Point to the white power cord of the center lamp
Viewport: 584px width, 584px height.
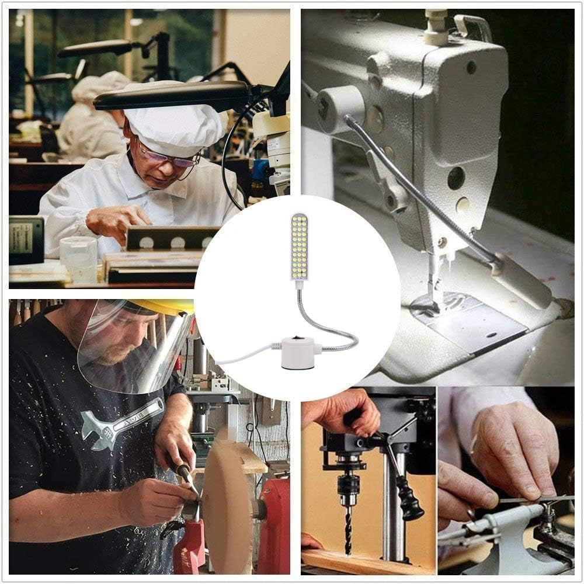pos(245,357)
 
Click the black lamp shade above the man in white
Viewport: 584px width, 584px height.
pos(175,93)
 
